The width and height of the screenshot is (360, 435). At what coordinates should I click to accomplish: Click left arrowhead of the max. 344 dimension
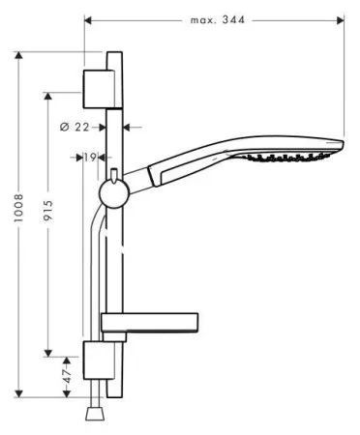point(89,18)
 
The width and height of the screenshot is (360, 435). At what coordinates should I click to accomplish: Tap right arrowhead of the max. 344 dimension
point(342,18)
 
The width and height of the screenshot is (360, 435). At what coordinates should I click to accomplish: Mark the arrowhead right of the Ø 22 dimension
point(131,126)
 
